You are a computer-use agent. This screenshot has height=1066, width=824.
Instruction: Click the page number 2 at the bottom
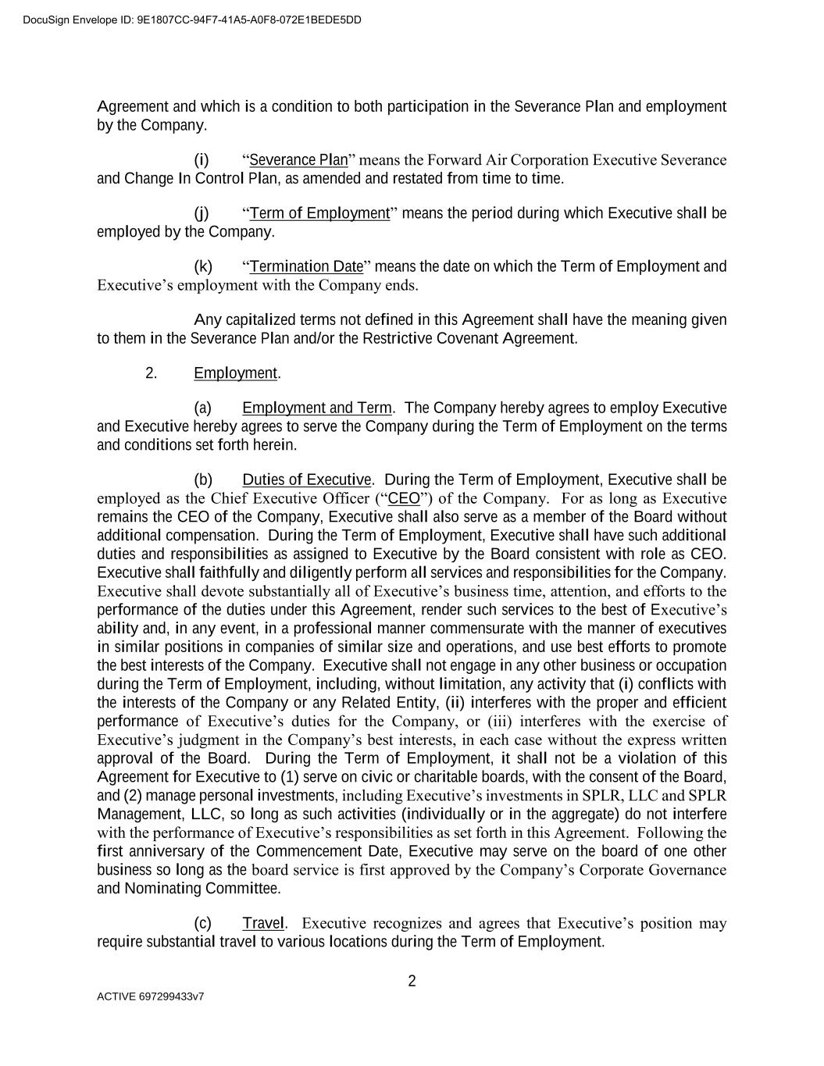(412, 982)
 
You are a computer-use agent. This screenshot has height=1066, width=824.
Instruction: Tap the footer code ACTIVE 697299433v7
(151, 996)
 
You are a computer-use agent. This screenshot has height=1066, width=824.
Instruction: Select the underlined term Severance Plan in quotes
(298, 160)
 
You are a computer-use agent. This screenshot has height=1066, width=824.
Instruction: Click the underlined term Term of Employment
(319, 213)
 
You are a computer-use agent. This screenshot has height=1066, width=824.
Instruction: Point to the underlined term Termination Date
(306, 266)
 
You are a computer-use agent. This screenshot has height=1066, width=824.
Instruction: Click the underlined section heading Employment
(236, 373)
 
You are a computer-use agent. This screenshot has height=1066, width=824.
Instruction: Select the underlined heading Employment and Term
(317, 408)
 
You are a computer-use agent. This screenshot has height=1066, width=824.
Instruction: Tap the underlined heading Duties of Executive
(306, 480)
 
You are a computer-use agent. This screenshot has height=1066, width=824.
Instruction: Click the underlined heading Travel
(263, 923)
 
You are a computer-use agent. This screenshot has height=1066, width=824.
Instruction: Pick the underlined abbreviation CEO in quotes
(404, 498)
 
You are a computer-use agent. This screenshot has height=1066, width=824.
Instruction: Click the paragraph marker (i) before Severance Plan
(202, 160)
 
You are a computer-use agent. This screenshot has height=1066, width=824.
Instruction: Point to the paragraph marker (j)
(202, 213)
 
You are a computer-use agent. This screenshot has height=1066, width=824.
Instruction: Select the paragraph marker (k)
(203, 266)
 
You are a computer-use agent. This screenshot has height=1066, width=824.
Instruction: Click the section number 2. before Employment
(152, 373)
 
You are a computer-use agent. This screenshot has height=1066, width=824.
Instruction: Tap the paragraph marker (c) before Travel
(203, 923)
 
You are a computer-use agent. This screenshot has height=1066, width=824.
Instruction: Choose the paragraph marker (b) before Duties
(203, 480)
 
